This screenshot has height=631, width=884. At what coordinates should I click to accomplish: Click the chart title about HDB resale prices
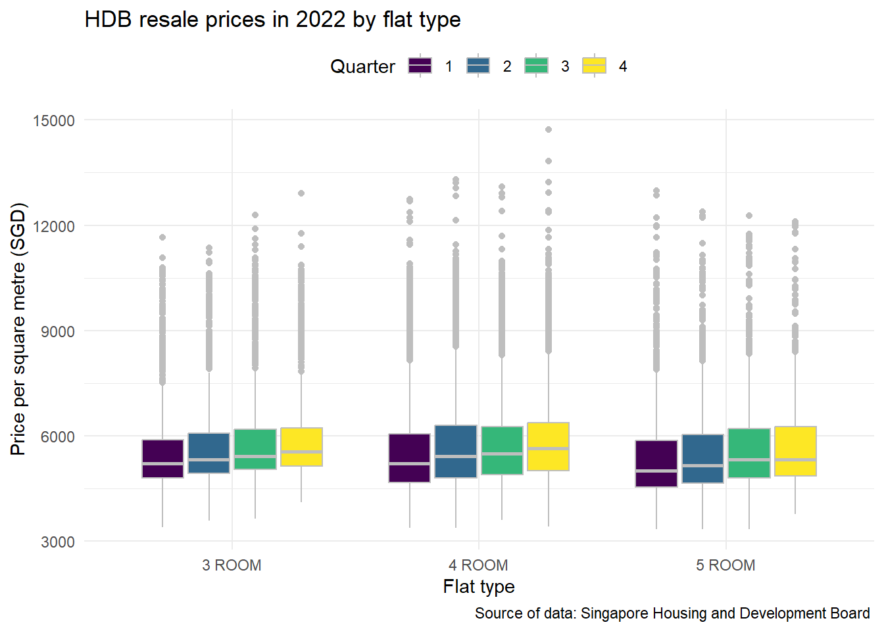click(272, 20)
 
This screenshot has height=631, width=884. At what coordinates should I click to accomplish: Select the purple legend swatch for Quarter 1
click(420, 66)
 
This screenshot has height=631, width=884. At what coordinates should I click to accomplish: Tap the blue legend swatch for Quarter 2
click(478, 66)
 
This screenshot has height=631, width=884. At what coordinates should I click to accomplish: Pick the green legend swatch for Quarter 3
click(536, 66)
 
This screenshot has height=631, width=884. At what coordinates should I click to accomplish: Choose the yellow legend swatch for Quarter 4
click(594, 66)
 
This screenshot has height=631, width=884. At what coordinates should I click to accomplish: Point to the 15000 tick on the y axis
click(53, 121)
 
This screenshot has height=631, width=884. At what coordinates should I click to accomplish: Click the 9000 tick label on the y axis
click(57, 332)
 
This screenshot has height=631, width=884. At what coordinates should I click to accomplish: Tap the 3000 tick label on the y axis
click(57, 542)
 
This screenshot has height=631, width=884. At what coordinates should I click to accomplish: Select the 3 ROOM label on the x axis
click(232, 565)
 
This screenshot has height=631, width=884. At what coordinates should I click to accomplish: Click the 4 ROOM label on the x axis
click(478, 565)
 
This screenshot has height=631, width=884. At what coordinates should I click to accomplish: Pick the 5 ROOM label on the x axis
click(725, 565)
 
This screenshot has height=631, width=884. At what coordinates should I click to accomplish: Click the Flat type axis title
click(479, 586)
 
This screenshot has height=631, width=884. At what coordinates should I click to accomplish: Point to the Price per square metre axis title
click(18, 329)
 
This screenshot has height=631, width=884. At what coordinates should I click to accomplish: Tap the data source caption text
click(672, 613)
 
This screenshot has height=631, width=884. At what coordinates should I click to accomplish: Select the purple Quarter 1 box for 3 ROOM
click(162, 458)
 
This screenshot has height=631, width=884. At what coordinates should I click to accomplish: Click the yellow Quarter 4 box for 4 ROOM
click(548, 446)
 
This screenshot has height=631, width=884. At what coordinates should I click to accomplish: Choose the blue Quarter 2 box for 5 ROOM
click(702, 459)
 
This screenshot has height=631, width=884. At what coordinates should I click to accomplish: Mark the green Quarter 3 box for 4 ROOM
click(502, 450)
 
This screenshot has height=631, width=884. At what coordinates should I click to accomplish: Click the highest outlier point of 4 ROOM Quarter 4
click(549, 129)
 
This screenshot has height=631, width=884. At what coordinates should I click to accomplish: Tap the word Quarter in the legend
click(362, 66)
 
